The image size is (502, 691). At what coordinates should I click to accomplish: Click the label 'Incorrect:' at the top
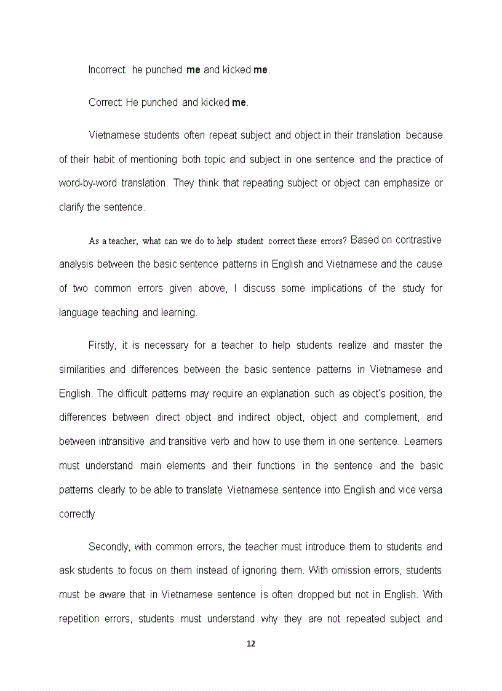tap(108, 70)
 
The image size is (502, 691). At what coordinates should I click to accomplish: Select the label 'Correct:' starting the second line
tap(106, 103)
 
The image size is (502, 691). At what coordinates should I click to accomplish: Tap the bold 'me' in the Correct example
tap(239, 103)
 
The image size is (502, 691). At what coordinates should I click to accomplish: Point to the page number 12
tap(250, 644)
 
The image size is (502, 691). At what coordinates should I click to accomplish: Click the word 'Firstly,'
tap(103, 345)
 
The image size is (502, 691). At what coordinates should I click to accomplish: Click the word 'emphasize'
tap(405, 183)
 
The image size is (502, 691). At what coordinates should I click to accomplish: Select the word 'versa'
tap(430, 490)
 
